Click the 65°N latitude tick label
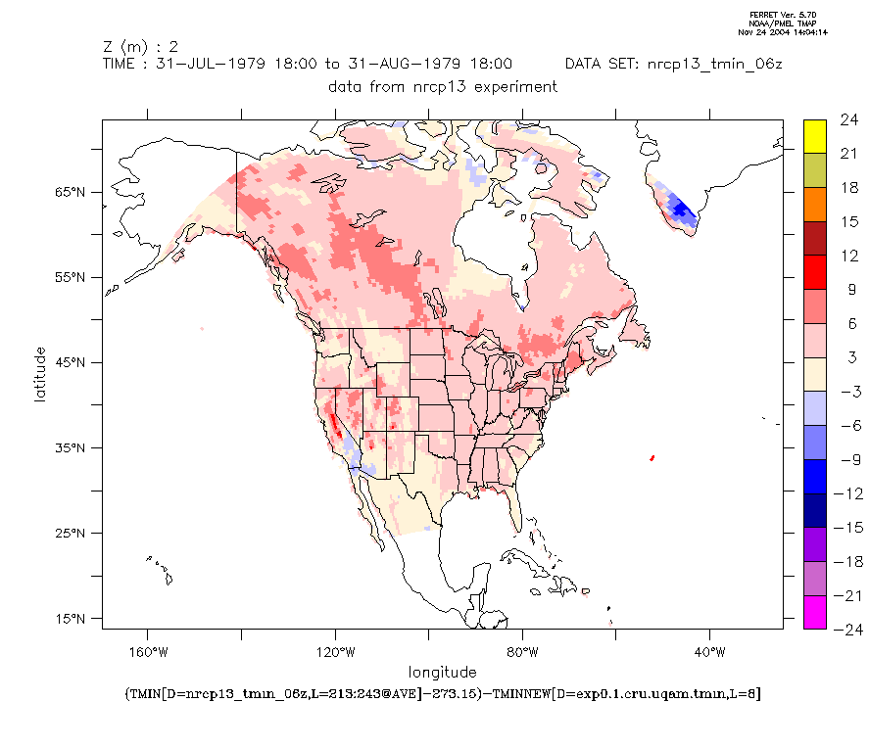pyautogui.click(x=72, y=193)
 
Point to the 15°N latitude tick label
pyautogui.click(x=72, y=619)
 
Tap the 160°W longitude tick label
pyautogui.click(x=147, y=652)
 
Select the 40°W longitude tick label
pyautogui.click(x=710, y=652)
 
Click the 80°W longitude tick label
pyautogui.click(x=522, y=652)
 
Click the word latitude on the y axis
pyautogui.click(x=40, y=374)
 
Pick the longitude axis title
pyautogui.click(x=443, y=672)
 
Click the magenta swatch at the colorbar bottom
pyautogui.click(x=814, y=612)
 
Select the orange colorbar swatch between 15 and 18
pyautogui.click(x=814, y=205)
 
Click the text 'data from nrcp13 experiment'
pyautogui.click(x=443, y=86)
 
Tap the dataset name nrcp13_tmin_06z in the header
pyautogui.click(x=710, y=65)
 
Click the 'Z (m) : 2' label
pyautogui.click(x=140, y=46)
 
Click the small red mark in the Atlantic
pyautogui.click(x=652, y=457)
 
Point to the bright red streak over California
pyautogui.click(x=334, y=425)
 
